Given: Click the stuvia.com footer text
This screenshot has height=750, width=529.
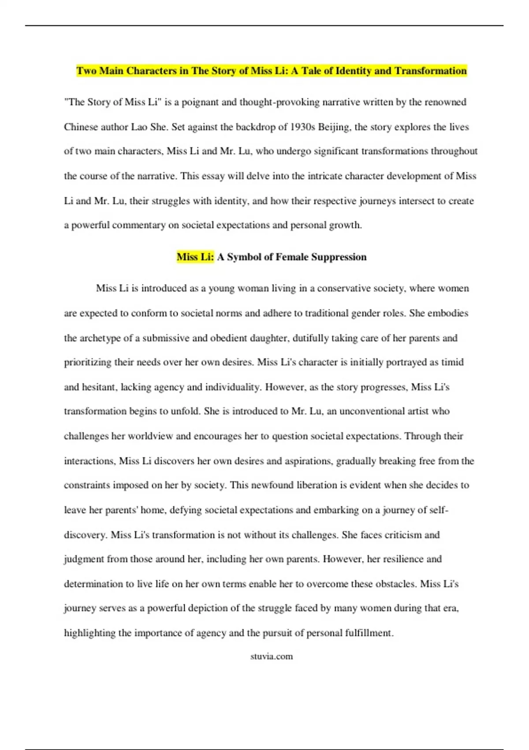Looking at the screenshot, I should point(271,656).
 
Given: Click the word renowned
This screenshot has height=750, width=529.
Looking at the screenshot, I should point(445,102).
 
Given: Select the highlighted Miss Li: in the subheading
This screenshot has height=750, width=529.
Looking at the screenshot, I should point(195,257).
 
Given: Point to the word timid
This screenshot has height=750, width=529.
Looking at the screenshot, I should point(452,363).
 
